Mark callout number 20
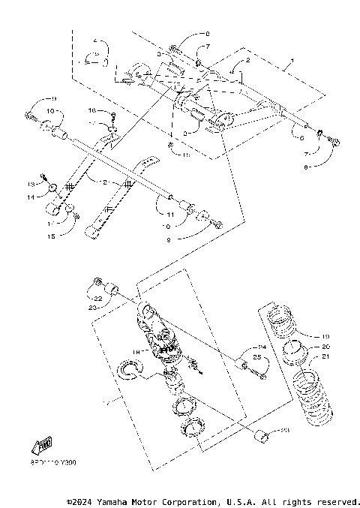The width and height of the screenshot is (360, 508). pyautogui.click(x=325, y=347)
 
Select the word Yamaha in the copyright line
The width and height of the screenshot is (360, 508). pyautogui.click(x=108, y=501)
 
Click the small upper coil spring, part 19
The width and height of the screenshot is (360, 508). pyautogui.click(x=289, y=318)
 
